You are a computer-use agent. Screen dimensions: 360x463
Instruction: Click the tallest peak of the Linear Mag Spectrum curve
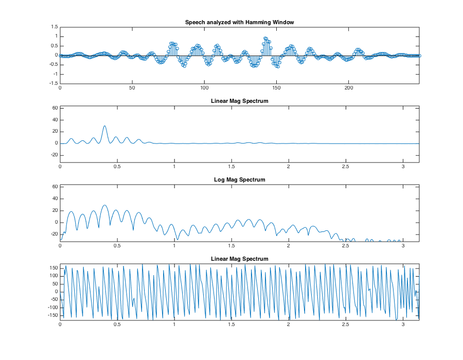(x=104, y=125)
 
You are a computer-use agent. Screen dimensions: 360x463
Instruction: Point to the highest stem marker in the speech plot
(x=265, y=38)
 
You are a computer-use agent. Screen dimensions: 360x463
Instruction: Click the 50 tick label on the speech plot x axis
(x=132, y=88)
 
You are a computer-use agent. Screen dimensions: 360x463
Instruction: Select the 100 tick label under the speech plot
(x=204, y=88)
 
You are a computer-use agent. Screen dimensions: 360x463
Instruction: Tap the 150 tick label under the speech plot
(x=276, y=88)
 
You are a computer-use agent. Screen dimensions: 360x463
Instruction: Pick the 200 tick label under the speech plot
(x=348, y=88)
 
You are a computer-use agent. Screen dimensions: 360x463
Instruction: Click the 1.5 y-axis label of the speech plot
(x=54, y=27)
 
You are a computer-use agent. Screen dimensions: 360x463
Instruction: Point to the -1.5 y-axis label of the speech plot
(x=53, y=83)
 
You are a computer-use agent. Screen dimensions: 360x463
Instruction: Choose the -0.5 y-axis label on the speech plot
(x=53, y=64)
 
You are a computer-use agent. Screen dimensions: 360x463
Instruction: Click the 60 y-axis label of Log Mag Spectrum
(x=55, y=187)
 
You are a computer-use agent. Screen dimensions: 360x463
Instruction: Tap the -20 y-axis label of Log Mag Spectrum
(x=53, y=234)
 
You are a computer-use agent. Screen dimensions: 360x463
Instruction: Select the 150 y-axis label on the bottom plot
(x=53, y=267)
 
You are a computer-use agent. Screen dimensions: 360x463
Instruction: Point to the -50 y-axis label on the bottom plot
(x=53, y=300)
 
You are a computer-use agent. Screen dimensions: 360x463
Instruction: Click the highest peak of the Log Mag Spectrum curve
(x=104, y=205)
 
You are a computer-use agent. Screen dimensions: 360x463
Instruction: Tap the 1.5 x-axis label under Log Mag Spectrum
(x=232, y=245)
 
